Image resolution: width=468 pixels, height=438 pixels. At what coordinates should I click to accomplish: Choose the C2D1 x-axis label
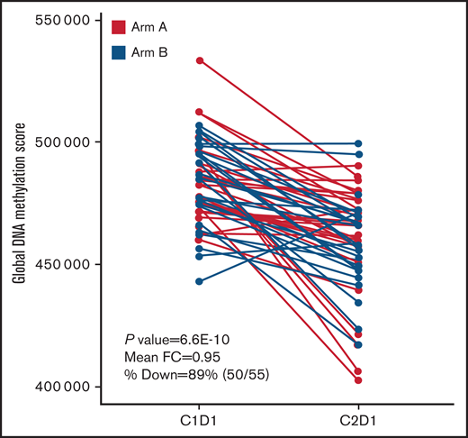click(358, 422)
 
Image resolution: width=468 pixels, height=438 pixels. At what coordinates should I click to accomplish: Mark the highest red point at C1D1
click(200, 60)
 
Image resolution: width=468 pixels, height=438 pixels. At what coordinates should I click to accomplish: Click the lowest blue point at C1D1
click(200, 281)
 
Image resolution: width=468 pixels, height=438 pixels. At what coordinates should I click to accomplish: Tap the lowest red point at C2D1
click(358, 380)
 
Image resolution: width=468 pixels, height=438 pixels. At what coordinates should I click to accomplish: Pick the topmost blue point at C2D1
click(358, 143)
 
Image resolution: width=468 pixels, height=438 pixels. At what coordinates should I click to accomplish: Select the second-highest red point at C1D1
click(200, 112)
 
